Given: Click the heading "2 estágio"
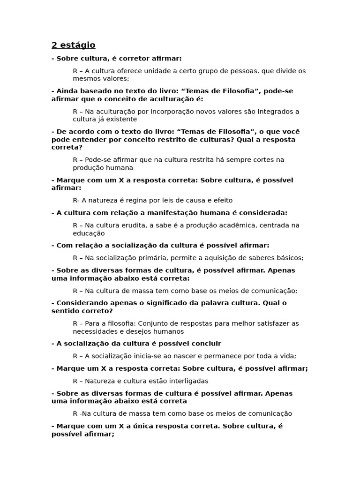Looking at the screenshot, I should [x=73, y=45].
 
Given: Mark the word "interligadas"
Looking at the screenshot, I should [x=185, y=381].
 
